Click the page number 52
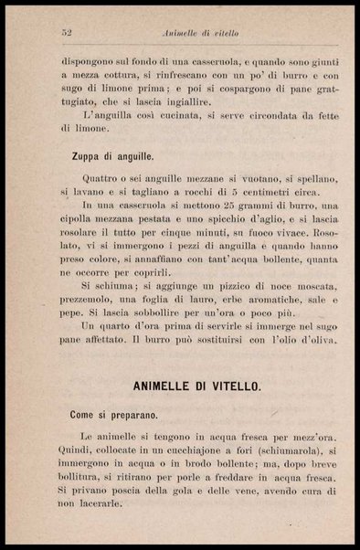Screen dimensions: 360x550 click(x=67, y=32)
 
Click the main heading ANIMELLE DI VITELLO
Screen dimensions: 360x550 click(x=196, y=386)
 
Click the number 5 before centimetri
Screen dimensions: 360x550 click(x=234, y=193)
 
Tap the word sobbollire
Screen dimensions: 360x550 click(x=152, y=312)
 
